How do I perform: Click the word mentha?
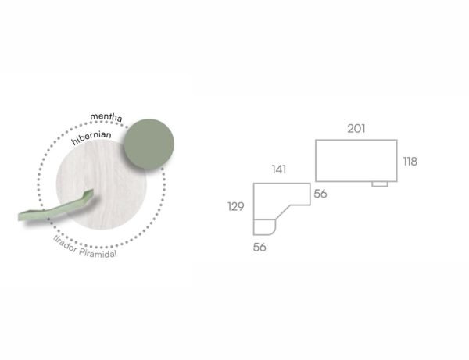pos(106,116)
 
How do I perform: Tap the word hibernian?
pos(91,137)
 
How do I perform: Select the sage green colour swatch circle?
pos(149,144)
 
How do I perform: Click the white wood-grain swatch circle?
pos(102,184)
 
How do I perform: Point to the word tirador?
pos(65,244)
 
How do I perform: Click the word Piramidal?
pos(98,253)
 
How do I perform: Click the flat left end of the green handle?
pos(20,216)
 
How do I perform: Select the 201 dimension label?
pos(356,129)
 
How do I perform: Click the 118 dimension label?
pos(410,162)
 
